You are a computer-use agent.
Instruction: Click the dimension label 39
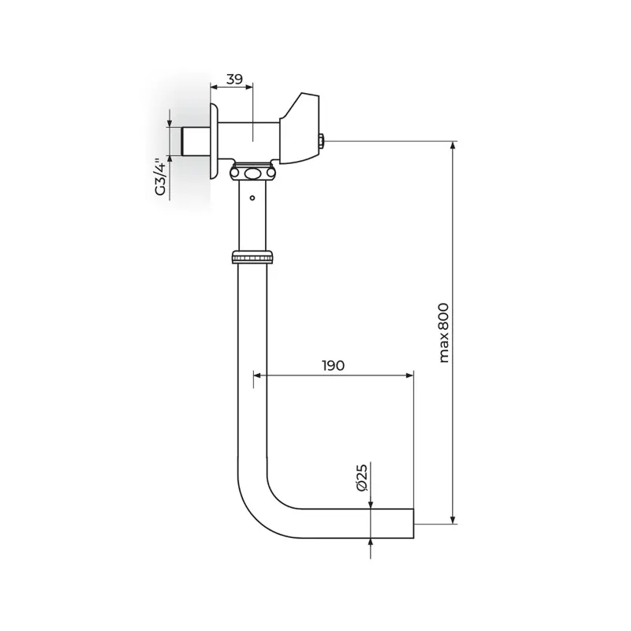233,79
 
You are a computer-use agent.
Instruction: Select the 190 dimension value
333,365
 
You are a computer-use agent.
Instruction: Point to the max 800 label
443,333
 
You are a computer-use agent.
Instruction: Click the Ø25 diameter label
362,477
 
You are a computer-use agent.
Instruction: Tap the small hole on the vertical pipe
252,198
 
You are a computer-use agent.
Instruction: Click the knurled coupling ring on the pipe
252,257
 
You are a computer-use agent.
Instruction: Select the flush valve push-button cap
300,129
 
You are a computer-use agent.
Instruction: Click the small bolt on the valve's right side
323,141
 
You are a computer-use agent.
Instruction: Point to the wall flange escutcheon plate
214,141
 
